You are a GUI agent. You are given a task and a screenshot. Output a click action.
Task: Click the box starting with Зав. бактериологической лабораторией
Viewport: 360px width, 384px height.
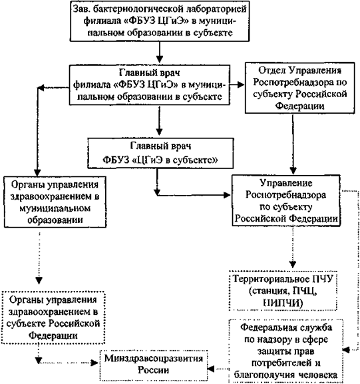pyautogui.click(x=160, y=21)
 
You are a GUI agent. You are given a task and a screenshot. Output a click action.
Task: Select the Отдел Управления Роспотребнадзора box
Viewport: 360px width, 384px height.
pyautogui.click(x=299, y=88)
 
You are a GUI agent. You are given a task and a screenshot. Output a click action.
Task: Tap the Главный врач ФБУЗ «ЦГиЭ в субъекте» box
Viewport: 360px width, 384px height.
pyautogui.click(x=160, y=153)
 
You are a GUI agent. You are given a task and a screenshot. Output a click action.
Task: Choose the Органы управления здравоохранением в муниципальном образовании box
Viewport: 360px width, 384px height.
pyautogui.click(x=55, y=202)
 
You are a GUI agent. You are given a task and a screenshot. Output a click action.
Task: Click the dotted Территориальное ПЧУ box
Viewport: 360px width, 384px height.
pyautogui.click(x=283, y=291)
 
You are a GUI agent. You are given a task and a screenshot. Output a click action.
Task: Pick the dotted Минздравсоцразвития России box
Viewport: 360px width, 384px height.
pyautogui.click(x=154, y=365)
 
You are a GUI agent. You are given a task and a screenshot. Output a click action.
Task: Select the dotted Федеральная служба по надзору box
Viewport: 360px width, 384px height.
pyautogui.click(x=285, y=351)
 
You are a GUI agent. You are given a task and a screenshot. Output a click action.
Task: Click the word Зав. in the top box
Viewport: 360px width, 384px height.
pyautogui.click(x=80, y=9)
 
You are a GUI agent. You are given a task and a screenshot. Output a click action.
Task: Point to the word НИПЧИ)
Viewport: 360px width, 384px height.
pyautogui.click(x=283, y=303)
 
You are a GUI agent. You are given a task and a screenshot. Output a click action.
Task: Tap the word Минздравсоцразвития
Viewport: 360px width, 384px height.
pyautogui.click(x=154, y=359)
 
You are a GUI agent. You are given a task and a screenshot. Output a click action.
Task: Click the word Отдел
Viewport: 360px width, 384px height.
pyautogui.click(x=272, y=71)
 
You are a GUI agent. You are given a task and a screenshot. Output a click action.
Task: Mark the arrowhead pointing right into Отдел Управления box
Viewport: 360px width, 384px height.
pyautogui.click(x=241, y=85)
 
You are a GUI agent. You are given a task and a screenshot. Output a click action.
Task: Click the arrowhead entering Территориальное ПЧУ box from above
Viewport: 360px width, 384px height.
pyautogui.click(x=293, y=264)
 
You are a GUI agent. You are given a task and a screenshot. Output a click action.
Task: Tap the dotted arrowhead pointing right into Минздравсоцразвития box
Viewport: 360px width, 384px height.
pyautogui.click(x=94, y=363)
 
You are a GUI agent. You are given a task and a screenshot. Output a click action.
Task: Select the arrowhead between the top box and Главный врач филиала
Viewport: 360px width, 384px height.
pyautogui.click(x=160, y=59)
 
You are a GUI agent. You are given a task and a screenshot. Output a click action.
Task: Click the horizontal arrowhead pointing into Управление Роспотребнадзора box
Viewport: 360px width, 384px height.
pyautogui.click(x=227, y=195)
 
